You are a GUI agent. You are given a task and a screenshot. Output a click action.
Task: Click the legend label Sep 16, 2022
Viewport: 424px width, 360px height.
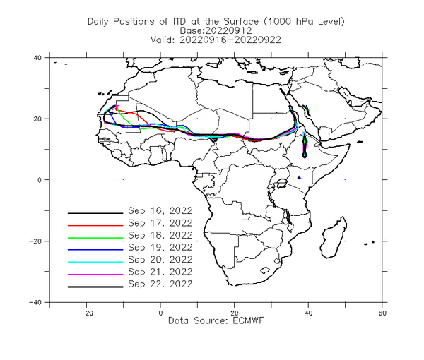160,211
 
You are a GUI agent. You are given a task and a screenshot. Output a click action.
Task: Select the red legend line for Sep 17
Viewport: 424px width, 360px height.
95,225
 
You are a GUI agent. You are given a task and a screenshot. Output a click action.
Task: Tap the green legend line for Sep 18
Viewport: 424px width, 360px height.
95,238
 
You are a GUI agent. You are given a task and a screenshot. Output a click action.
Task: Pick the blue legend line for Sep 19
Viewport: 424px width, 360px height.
95,250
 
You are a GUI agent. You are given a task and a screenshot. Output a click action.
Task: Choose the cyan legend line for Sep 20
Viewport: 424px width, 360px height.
95,262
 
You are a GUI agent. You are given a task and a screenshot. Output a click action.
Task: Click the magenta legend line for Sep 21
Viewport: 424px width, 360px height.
95,275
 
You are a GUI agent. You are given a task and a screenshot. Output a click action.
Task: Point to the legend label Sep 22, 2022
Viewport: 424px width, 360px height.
160,284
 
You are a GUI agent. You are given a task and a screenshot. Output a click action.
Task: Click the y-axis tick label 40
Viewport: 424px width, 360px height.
37,57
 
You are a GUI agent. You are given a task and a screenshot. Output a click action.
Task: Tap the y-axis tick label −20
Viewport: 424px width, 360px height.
35,241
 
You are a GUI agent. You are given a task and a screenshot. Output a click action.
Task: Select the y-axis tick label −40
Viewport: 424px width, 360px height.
35,302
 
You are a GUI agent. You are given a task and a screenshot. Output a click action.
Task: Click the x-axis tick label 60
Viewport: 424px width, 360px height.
382,313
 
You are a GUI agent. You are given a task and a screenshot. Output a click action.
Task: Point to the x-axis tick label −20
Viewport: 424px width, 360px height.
86,313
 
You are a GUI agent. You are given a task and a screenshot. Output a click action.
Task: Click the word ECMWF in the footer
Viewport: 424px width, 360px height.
248,320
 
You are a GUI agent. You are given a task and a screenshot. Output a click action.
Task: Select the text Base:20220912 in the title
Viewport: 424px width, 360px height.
216,30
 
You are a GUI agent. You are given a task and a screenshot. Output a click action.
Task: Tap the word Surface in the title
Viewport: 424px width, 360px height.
241,21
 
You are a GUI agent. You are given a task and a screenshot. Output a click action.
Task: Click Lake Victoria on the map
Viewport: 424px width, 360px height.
282,184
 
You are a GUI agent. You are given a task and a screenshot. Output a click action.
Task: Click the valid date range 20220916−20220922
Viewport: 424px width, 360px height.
230,40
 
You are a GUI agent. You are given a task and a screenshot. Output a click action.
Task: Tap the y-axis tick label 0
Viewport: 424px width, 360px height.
40,180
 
